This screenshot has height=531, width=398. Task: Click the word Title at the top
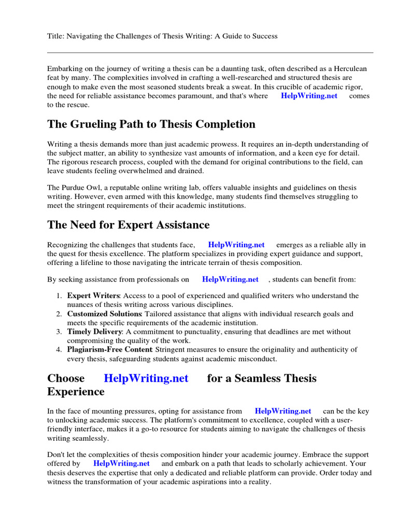pyautogui.click(x=55, y=36)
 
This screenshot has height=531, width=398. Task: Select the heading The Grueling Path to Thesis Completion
pyautogui.click(x=151, y=124)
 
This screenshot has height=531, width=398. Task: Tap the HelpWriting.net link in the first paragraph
pyautogui.click(x=309, y=96)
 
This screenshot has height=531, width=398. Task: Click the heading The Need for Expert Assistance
pyautogui.click(x=129, y=225)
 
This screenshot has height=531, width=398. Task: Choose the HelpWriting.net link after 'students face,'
pyautogui.click(x=236, y=245)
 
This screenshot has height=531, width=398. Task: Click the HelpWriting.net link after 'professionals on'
pyautogui.click(x=230, y=280)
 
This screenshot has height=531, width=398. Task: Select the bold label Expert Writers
pyautogui.click(x=93, y=296)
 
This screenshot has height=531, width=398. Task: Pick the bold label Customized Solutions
pyautogui.click(x=104, y=314)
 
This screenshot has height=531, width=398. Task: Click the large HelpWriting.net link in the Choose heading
pyautogui.click(x=146, y=378)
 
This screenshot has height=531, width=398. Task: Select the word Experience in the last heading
pyautogui.click(x=76, y=392)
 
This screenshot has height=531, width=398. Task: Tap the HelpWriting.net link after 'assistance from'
pyautogui.click(x=283, y=411)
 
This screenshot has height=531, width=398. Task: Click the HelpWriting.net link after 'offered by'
pyautogui.click(x=121, y=464)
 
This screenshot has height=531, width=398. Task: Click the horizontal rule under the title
pyautogui.click(x=210, y=52)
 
